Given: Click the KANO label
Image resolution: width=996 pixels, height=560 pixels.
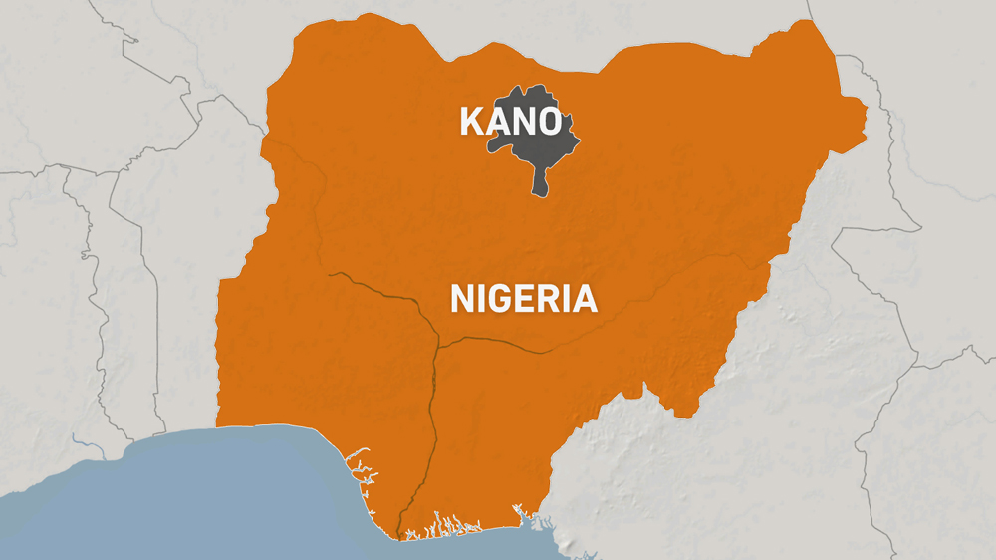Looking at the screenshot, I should (x=509, y=122).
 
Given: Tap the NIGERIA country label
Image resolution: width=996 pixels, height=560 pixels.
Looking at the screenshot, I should (x=524, y=299).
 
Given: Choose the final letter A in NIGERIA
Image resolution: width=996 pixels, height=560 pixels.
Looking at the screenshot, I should (x=585, y=299).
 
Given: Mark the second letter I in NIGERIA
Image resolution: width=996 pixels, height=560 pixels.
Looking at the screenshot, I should (x=567, y=299).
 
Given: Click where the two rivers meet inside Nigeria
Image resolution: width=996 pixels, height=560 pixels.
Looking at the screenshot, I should (x=438, y=344).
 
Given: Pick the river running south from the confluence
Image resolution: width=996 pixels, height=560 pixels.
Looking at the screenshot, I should (x=430, y=419).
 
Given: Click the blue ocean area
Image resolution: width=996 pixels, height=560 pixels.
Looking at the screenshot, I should (x=199, y=498).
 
